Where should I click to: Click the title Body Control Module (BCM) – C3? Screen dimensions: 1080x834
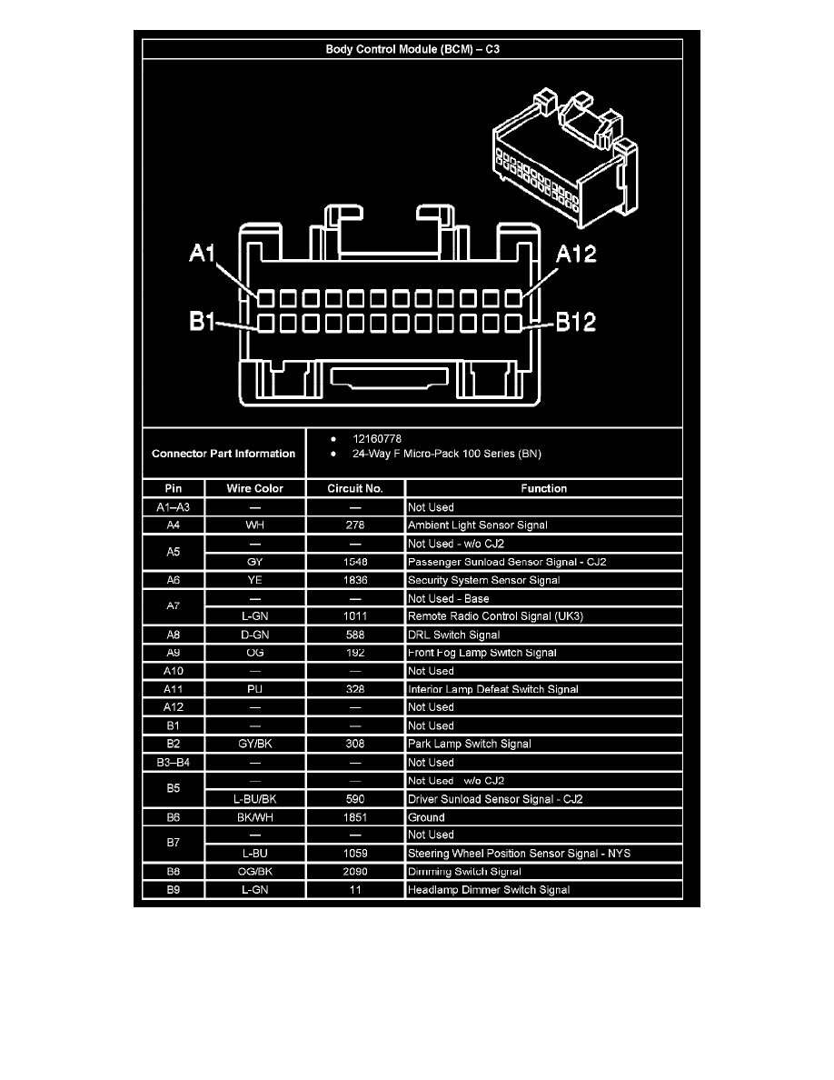[x=412, y=49]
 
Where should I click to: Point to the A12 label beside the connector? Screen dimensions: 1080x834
[x=577, y=254]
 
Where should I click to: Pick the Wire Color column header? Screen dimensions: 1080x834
[x=255, y=489]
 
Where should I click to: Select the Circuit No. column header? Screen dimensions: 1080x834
[x=355, y=489]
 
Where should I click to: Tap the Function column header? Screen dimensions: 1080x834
[x=543, y=489]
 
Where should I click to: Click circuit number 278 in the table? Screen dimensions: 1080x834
[x=355, y=525]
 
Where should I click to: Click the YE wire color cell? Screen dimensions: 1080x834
[x=255, y=580]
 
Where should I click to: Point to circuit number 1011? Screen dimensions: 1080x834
[x=355, y=616]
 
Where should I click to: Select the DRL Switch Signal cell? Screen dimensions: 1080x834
[x=453, y=635]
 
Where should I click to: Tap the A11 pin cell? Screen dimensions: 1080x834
[x=174, y=689]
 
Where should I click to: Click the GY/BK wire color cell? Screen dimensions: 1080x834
[x=255, y=744]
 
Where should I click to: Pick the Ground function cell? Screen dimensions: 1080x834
[x=426, y=817]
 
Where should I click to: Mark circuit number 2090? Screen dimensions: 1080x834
[x=355, y=872]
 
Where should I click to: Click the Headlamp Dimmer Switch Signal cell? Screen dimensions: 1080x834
[x=489, y=890]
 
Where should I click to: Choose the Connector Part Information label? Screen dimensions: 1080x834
[x=223, y=454]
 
